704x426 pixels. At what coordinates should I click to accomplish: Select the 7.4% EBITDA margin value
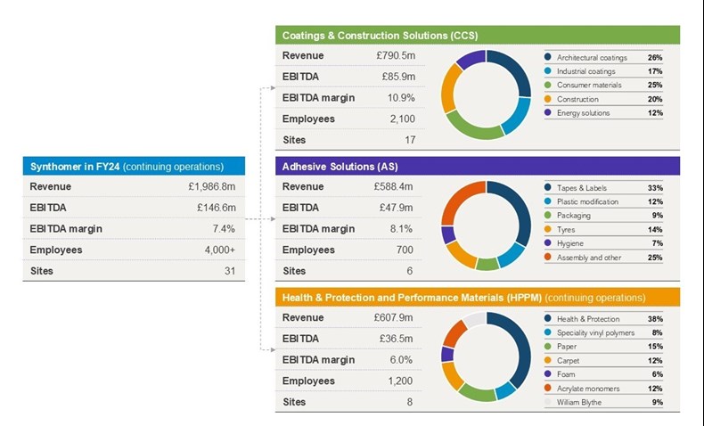tap(223, 229)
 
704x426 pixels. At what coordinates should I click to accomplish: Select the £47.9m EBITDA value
tap(397, 209)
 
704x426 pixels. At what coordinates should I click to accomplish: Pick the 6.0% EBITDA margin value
tap(401, 360)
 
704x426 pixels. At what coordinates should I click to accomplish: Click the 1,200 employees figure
tap(399, 381)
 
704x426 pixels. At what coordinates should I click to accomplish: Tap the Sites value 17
tap(409, 140)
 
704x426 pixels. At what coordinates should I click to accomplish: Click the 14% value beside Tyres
tap(656, 230)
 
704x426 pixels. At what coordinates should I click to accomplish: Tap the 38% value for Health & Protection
tap(656, 319)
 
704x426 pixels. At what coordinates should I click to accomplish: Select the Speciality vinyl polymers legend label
tap(595, 332)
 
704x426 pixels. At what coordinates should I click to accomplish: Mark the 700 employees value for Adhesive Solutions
tap(405, 250)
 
